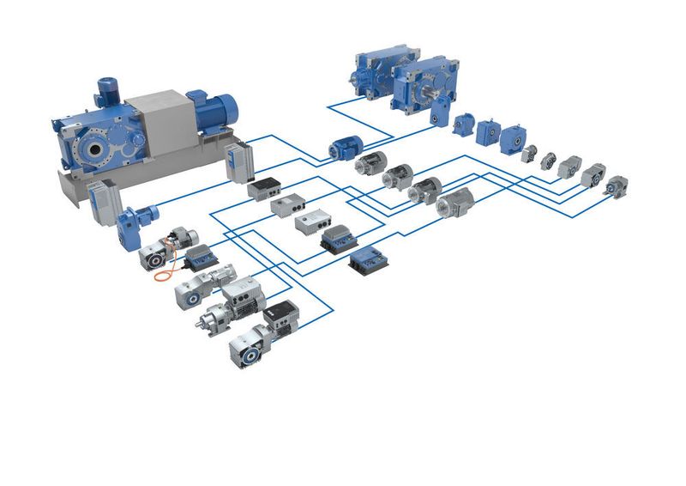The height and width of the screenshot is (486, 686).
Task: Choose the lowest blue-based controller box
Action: (x=370, y=258)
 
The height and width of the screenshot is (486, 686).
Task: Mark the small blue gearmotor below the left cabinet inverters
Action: (x=135, y=226)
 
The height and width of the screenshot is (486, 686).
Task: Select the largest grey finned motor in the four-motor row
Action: (x=455, y=203)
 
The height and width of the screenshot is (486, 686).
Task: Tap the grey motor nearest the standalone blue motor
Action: (x=371, y=162)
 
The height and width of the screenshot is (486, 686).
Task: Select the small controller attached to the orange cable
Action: (x=202, y=255)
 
